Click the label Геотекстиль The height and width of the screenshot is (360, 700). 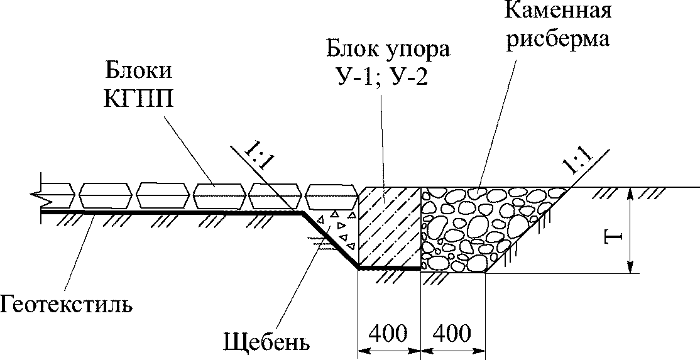pyautogui.click(x=66, y=305)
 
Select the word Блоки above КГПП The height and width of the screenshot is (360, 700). pyautogui.click(x=138, y=72)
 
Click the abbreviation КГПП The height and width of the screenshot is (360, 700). pyautogui.click(x=138, y=99)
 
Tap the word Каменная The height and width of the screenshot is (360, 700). pyautogui.click(x=557, y=9)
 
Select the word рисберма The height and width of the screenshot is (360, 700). pyautogui.click(x=557, y=38)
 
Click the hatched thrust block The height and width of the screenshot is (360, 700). pyautogui.click(x=390, y=228)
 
